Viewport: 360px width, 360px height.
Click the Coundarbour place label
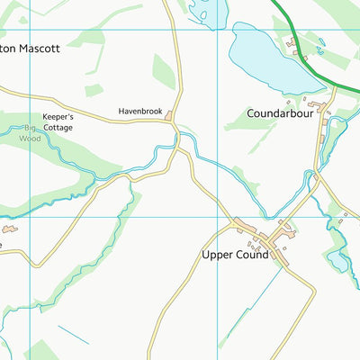(279, 113)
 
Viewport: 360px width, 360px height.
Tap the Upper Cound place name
(235, 256)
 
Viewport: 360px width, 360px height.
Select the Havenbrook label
(139, 112)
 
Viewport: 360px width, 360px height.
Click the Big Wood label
(31, 134)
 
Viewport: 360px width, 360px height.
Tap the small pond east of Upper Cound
(338, 261)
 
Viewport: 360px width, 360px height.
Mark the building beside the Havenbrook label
(169, 112)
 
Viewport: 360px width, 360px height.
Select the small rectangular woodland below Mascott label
(94, 90)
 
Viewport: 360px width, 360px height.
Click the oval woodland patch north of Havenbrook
(163, 71)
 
